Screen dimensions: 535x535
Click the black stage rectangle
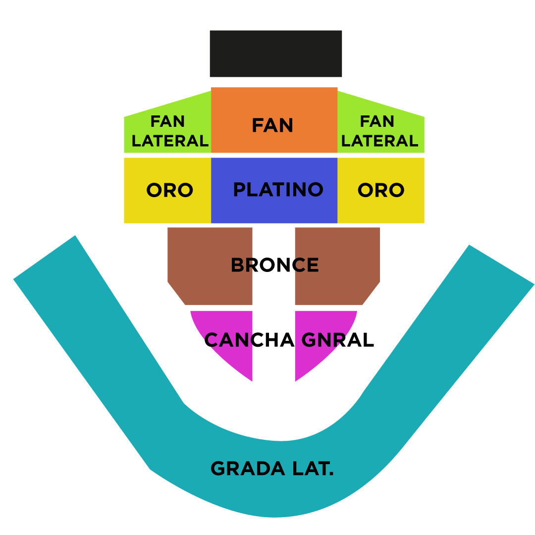click(x=275, y=53)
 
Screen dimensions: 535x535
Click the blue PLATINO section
click(x=274, y=208)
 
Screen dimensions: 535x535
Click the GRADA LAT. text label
click(x=272, y=469)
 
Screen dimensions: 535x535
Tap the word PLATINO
click(x=278, y=190)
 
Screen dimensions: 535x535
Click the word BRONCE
click(x=274, y=266)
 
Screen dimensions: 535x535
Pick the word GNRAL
click(x=337, y=340)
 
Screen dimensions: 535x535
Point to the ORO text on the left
click(x=169, y=190)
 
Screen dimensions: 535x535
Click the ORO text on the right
click(x=381, y=190)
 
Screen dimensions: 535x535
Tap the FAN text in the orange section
click(x=272, y=125)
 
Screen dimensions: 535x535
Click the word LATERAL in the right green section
click(x=379, y=141)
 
